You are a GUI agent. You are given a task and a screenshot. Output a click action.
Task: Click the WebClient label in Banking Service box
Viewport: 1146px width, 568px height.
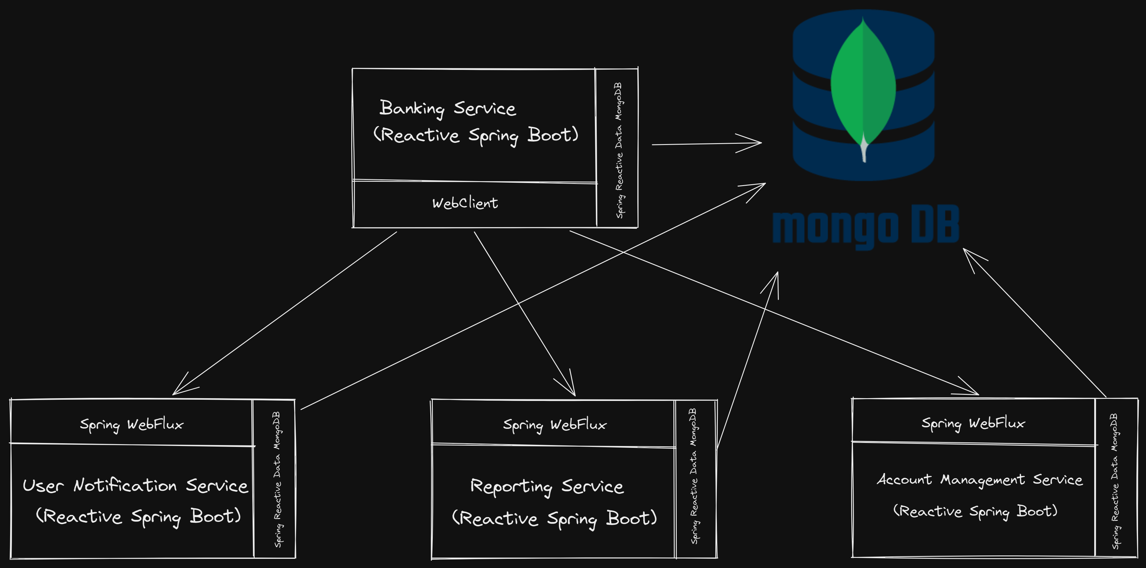pos(465,203)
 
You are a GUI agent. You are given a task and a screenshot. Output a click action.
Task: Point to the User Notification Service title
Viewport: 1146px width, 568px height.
pos(135,485)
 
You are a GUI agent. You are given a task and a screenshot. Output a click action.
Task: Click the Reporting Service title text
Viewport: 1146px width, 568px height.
pos(547,486)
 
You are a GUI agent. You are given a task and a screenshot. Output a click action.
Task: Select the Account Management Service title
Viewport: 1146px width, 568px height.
pos(979,479)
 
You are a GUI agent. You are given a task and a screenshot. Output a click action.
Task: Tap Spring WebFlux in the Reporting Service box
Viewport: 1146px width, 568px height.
pos(554,425)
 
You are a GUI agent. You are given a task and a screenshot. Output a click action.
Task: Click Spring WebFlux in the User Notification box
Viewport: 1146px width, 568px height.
pos(131,424)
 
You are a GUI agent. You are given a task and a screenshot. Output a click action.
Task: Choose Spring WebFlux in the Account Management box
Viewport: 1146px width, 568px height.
pos(973,423)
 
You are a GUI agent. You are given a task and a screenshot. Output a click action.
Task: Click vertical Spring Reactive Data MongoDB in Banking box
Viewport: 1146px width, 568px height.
pos(619,150)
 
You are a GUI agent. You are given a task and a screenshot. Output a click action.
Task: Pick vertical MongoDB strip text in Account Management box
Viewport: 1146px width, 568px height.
pos(1114,481)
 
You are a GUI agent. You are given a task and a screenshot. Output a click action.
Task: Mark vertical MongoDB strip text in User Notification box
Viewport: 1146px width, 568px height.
pos(277,479)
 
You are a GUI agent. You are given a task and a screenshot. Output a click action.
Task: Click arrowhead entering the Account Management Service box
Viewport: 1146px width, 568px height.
pos(974,392)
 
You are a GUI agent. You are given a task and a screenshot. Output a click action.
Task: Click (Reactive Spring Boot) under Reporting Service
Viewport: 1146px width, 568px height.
pos(554,518)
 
